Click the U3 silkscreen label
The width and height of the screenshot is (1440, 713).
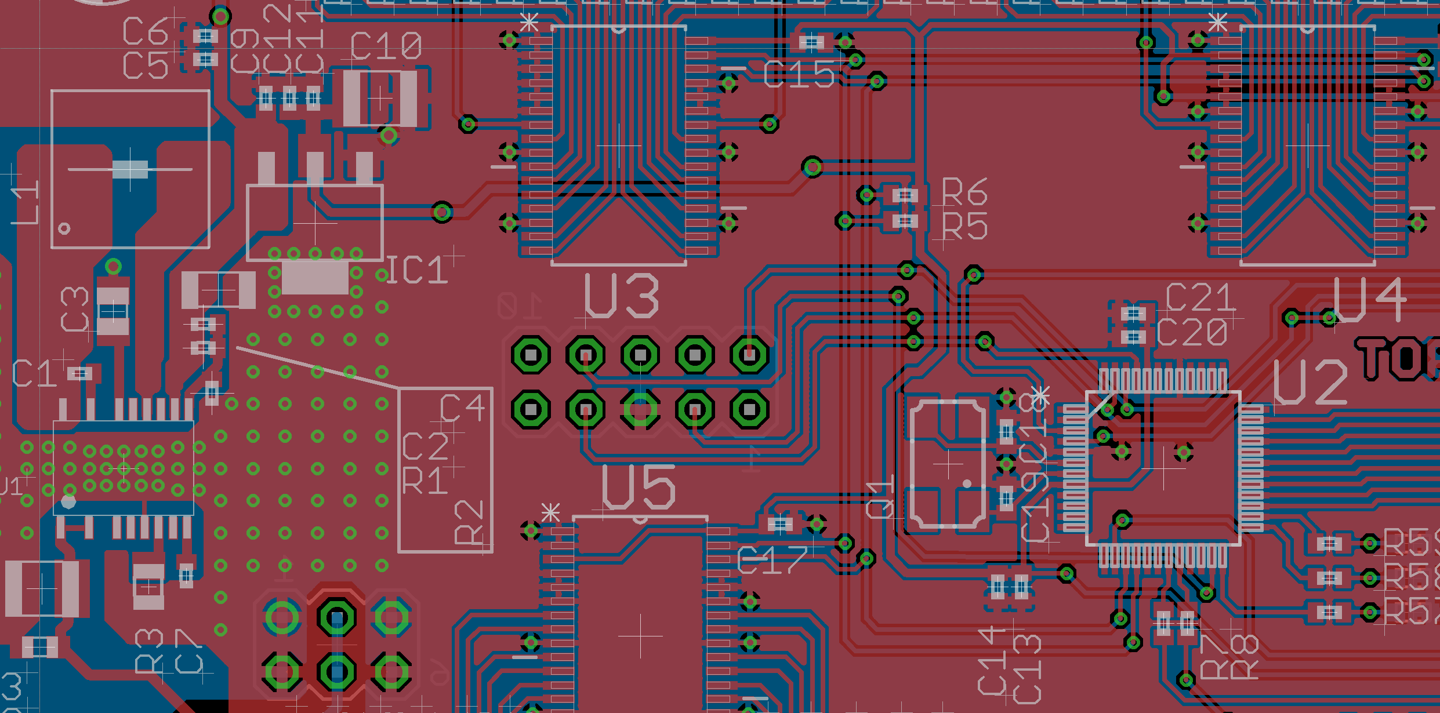621,296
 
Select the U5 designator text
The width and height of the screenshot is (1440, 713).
639,488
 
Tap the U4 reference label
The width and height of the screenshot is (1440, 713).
1369,300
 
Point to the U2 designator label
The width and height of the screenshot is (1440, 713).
1310,382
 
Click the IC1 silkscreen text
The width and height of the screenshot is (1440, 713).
417,271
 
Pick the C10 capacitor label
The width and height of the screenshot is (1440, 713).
386,46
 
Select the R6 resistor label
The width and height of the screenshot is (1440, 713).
964,192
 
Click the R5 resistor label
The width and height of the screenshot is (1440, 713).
964,226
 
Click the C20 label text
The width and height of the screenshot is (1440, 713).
1192,333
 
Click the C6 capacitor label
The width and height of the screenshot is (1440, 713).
145,32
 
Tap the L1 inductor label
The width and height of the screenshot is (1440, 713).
27,202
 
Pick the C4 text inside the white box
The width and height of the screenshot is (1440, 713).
462,408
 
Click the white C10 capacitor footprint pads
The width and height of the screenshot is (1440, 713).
380,99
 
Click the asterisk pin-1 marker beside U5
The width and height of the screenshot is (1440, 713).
550,513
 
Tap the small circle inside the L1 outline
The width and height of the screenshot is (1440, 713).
64,228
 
